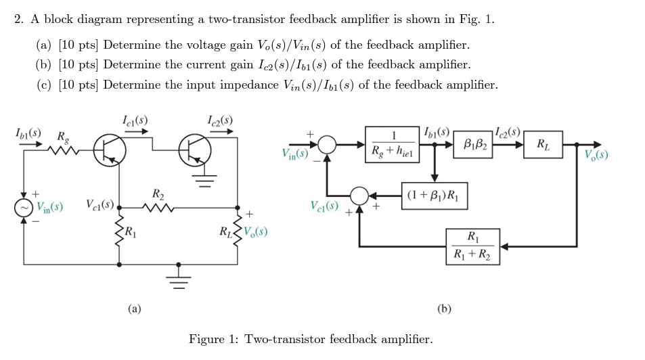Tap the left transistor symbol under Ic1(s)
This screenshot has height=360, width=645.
(x=108, y=150)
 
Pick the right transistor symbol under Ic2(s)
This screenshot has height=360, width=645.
(x=194, y=150)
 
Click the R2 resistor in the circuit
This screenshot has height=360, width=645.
(x=158, y=207)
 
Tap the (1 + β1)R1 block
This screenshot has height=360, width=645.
(x=434, y=197)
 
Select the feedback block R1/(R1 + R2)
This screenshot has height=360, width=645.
(x=472, y=246)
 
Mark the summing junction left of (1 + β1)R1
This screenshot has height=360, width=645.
(x=359, y=197)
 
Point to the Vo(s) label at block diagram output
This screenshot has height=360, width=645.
(x=596, y=154)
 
